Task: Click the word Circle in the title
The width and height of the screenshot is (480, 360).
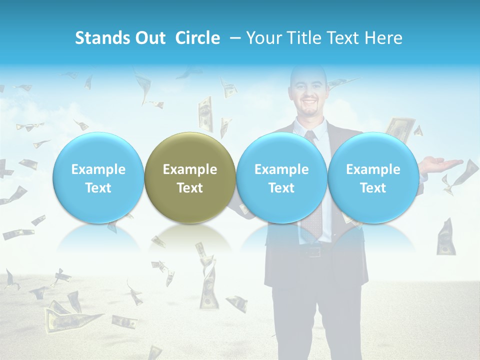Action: click(x=197, y=38)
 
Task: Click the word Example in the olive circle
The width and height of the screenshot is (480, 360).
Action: click(x=190, y=169)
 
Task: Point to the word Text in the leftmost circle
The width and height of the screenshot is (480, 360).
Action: click(x=98, y=188)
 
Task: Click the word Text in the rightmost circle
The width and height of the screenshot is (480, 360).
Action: click(x=373, y=188)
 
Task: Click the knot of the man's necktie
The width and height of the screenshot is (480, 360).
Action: click(x=311, y=135)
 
